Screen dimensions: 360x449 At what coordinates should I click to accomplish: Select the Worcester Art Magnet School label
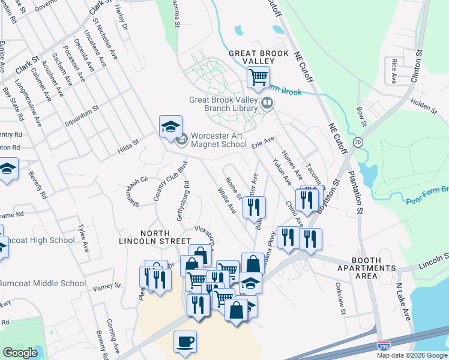point(218,140)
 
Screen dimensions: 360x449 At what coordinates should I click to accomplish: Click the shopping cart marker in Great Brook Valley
point(258,77)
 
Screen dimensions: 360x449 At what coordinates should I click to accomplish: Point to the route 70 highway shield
point(358,142)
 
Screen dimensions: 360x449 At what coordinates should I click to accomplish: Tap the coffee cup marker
point(185,342)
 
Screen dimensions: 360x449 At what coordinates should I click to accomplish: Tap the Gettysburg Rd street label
point(182,201)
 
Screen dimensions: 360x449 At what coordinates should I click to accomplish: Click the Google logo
point(20,352)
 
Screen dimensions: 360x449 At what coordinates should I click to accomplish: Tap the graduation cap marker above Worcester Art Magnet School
point(170,127)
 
